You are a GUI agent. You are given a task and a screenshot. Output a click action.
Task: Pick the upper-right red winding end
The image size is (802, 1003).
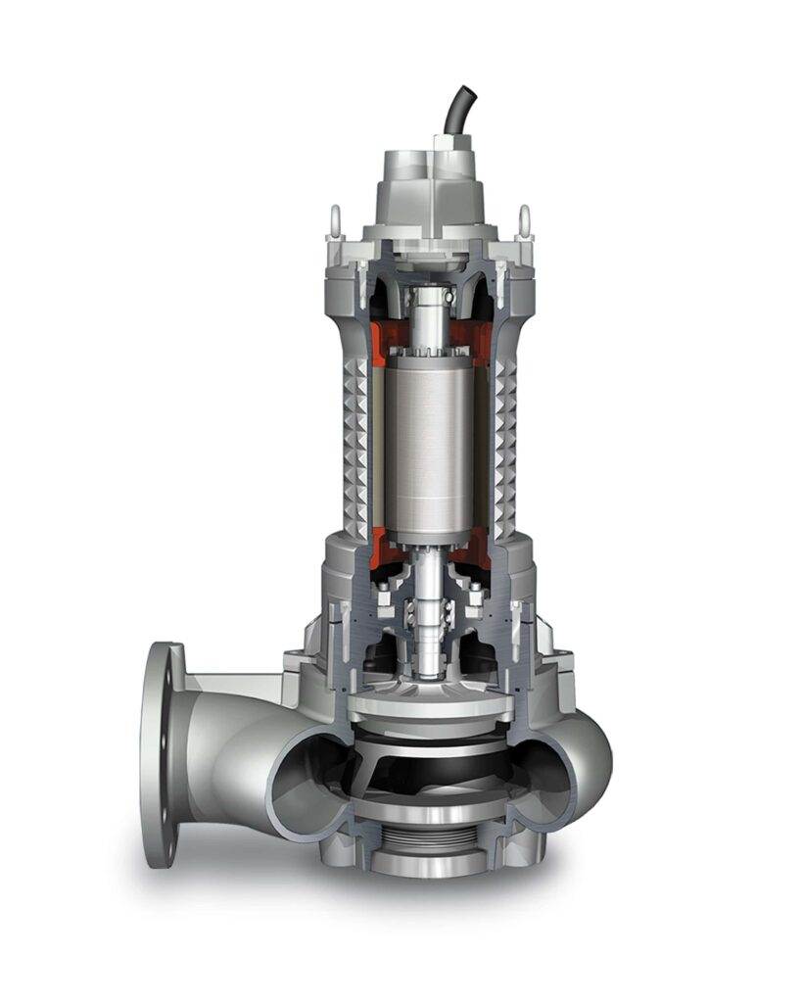481,333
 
